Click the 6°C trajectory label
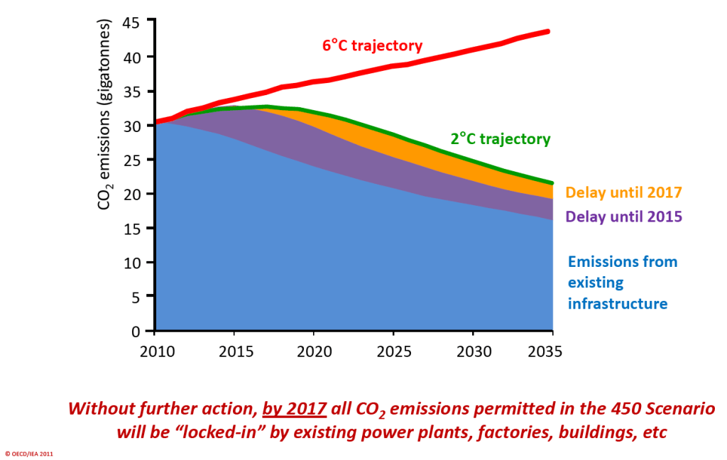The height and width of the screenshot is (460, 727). [x=372, y=46]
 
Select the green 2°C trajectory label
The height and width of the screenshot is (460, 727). [x=500, y=139]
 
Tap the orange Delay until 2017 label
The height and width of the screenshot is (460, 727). [x=623, y=192]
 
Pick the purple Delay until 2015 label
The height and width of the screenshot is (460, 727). [x=623, y=216]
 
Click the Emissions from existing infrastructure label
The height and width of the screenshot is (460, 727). [x=622, y=283]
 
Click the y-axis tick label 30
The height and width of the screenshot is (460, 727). [x=133, y=126]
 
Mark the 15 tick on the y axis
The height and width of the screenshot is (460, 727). [x=133, y=229]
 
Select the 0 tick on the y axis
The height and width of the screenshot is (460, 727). [x=138, y=332]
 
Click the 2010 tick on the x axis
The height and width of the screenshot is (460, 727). [x=155, y=351]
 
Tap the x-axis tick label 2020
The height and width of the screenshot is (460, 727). [x=314, y=351]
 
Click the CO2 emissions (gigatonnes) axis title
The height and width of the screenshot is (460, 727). [x=105, y=114]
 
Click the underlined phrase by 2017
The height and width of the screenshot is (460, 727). [x=294, y=409]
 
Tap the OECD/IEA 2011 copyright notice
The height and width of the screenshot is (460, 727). [x=29, y=453]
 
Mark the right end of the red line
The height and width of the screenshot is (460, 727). [x=550, y=31]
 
